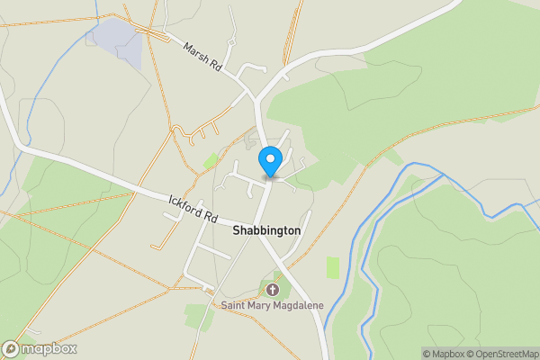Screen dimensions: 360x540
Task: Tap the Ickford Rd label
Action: coord(193,209)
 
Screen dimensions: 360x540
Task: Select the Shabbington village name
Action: coord(267,231)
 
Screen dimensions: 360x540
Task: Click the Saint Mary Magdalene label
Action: coord(272,306)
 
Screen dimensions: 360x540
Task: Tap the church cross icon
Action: coord(273,290)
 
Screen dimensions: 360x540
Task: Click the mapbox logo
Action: coord(40,349)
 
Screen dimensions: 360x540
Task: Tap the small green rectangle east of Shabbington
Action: coord(334,267)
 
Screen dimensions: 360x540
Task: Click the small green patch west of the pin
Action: coord(211,160)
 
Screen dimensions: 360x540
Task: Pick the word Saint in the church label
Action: coord(235,306)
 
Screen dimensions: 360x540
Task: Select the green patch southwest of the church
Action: coord(197,316)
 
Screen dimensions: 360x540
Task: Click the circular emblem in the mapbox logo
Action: coord(11,349)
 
